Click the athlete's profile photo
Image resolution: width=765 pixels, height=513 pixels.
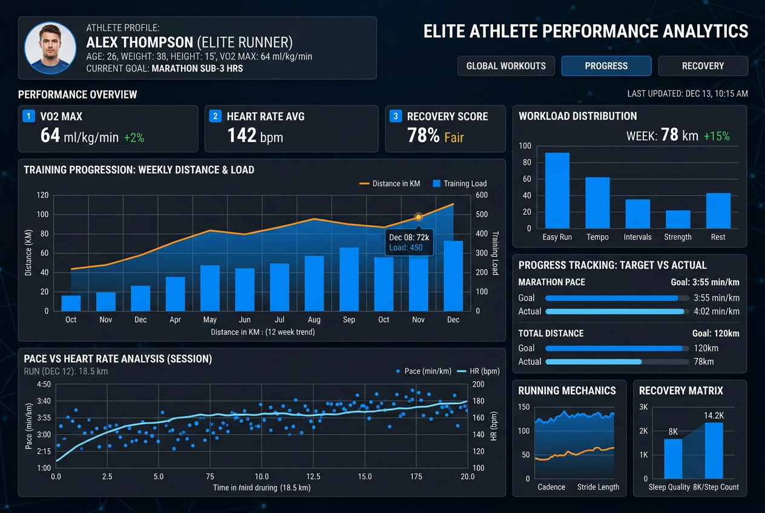coord(50,48)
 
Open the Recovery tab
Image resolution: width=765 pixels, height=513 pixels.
coord(703,66)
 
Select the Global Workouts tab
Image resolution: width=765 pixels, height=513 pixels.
coord(506,66)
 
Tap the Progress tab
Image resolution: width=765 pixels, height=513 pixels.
coord(606,66)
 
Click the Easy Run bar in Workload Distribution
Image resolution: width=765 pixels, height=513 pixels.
coord(557,190)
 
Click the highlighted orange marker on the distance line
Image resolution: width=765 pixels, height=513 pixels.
coord(418,217)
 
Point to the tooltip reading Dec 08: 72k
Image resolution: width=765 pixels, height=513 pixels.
coord(409,242)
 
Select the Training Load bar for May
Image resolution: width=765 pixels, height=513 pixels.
coord(209,288)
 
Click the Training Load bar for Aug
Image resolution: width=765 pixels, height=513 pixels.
coord(314,283)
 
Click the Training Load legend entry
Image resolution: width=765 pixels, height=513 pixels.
coord(459,183)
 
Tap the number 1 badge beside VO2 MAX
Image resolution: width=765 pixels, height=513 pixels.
coord(28,116)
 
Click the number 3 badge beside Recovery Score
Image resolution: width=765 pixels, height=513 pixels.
coord(396,116)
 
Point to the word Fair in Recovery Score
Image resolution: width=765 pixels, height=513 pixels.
coord(454,137)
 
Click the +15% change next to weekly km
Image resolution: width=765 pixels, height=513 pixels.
coord(717,136)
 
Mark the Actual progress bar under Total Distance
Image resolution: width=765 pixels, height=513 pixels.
coord(594,362)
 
